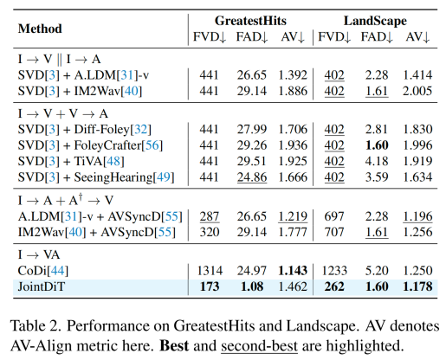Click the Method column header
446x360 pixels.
click(x=40, y=29)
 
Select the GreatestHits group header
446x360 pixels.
click(x=250, y=21)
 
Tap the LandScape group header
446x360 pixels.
click(x=375, y=21)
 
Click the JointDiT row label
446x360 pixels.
click(x=42, y=286)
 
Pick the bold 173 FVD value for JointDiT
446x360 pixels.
click(x=210, y=286)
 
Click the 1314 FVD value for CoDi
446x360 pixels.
click(x=210, y=271)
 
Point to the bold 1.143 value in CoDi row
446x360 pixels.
click(x=293, y=271)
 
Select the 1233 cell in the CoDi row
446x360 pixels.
click(x=334, y=271)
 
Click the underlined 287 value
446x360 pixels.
click(x=210, y=216)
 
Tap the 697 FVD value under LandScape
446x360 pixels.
click(x=334, y=216)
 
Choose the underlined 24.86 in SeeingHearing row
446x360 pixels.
click(x=252, y=177)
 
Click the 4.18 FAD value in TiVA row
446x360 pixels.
click(x=377, y=161)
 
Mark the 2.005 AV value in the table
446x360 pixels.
click(x=417, y=91)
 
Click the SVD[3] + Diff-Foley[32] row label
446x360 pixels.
click(x=85, y=129)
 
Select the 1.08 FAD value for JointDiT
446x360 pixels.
click(x=252, y=286)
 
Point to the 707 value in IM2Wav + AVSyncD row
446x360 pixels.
click(x=334, y=232)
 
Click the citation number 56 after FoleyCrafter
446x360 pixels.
click(x=152, y=145)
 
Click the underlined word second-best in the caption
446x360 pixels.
click(x=259, y=345)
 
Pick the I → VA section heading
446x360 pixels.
click(x=39, y=254)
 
